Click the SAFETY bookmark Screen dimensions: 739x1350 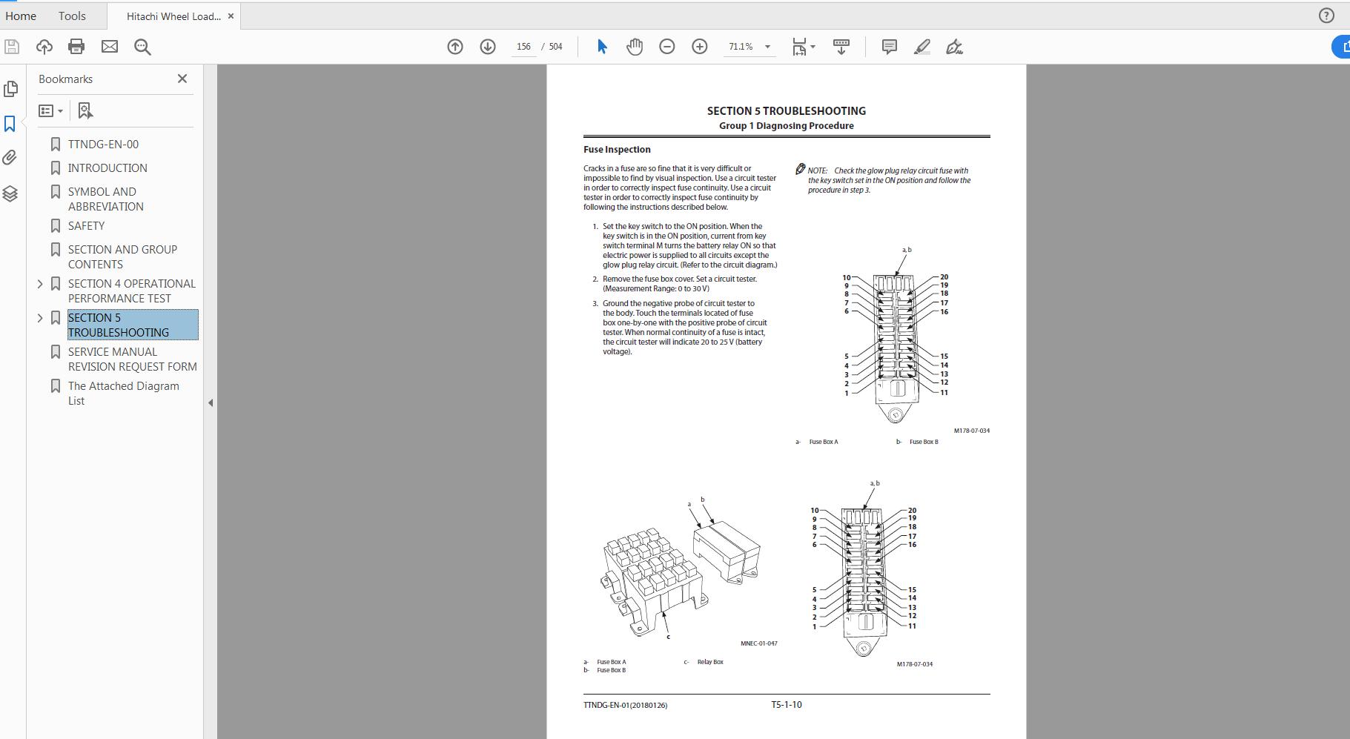coord(86,226)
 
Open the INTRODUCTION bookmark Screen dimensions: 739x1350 coord(107,168)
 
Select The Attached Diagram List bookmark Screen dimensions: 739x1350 coord(123,394)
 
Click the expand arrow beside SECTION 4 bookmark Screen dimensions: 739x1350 coord(40,284)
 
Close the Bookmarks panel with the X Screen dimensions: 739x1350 coord(182,79)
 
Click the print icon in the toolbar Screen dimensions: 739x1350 coord(76,47)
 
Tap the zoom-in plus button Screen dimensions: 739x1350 coord(699,47)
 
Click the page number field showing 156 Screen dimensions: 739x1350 coord(523,47)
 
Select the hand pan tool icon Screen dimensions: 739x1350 coord(635,47)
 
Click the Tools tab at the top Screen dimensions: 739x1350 coord(72,16)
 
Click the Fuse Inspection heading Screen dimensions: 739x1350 coord(617,150)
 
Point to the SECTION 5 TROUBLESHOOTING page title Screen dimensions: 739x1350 coord(786,111)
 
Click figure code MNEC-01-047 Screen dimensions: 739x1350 coord(758,643)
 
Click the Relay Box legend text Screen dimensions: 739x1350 coord(709,662)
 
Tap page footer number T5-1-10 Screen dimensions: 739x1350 coord(786,705)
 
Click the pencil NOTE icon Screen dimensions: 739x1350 coord(800,170)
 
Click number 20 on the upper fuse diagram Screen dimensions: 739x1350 coord(944,277)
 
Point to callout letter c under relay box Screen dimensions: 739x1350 coord(668,637)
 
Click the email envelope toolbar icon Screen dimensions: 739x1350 coord(110,47)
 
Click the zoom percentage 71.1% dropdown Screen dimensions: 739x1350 coord(749,47)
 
